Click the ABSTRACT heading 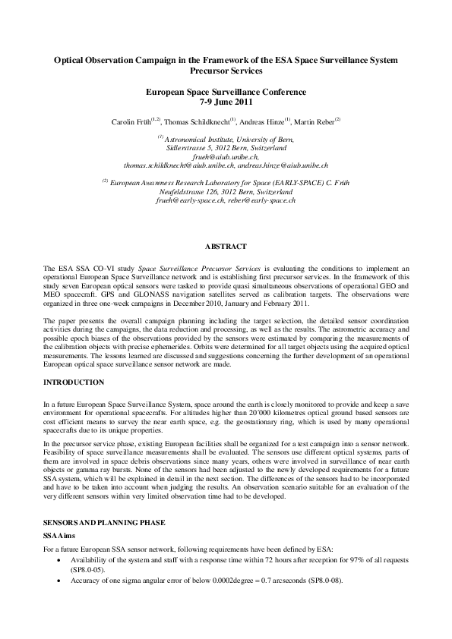tap(226, 247)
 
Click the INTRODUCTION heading tap(74, 382)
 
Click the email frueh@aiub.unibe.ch tap(225, 156)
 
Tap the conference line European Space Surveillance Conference tap(226, 91)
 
